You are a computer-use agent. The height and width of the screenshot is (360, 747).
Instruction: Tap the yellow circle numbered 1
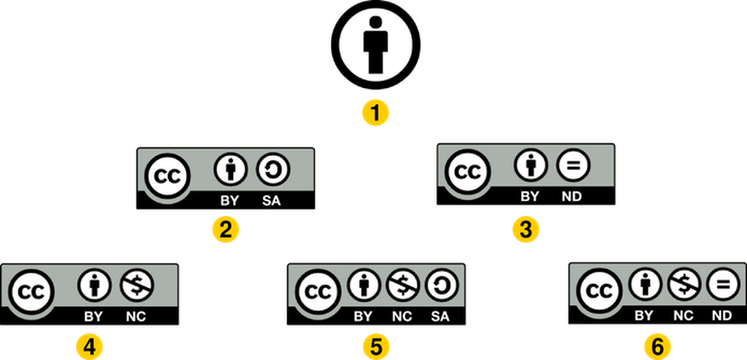375,114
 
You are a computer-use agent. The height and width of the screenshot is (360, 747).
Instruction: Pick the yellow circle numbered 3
525,229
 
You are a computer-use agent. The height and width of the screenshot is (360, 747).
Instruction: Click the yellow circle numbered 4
90,347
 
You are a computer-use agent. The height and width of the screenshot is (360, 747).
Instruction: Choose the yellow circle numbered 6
657,347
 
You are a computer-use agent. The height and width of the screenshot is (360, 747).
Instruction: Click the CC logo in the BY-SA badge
165,176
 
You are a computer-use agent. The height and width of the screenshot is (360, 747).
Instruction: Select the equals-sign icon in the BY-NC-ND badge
721,286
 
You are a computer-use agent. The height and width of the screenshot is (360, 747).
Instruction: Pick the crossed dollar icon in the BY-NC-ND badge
684,286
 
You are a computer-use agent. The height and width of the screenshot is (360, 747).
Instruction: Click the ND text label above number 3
571,196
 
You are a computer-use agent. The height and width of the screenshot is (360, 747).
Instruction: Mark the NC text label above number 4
137,315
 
